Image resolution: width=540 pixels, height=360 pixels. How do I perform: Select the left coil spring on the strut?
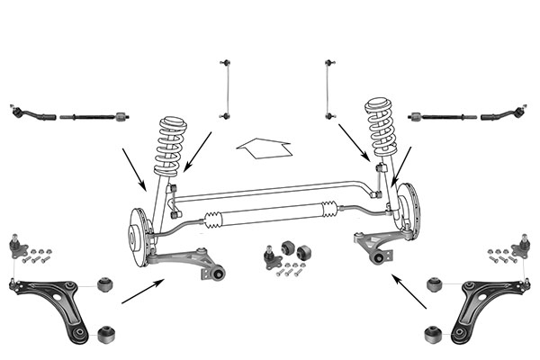170,147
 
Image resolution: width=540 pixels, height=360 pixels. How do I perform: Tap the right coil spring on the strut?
380,130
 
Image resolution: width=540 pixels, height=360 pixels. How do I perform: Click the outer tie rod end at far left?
33,115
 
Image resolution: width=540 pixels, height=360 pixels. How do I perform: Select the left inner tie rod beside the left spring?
94,116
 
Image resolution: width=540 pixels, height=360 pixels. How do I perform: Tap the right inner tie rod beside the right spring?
441,116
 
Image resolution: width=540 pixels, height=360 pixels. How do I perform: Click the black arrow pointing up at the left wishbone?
142,292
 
